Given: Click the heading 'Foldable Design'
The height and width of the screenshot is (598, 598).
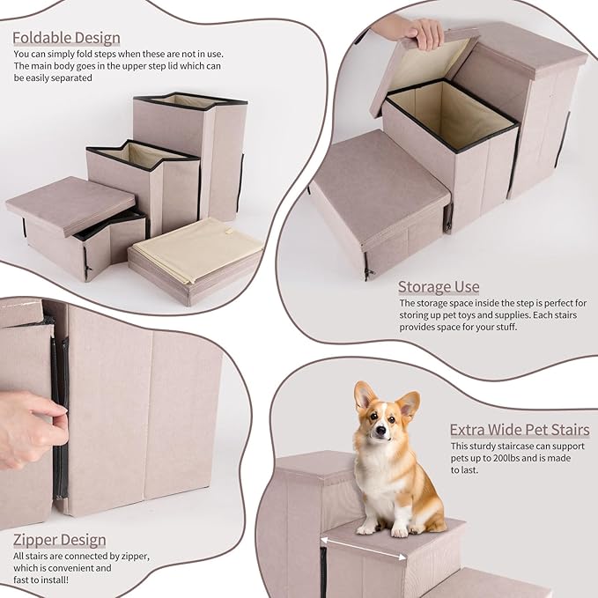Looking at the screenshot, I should [x=66, y=38].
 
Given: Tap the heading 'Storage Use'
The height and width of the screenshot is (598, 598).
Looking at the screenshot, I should [x=439, y=286].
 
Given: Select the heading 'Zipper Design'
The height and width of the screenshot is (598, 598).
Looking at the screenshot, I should [x=59, y=539].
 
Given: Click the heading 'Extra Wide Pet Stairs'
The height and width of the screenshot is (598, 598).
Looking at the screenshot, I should [x=520, y=430].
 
